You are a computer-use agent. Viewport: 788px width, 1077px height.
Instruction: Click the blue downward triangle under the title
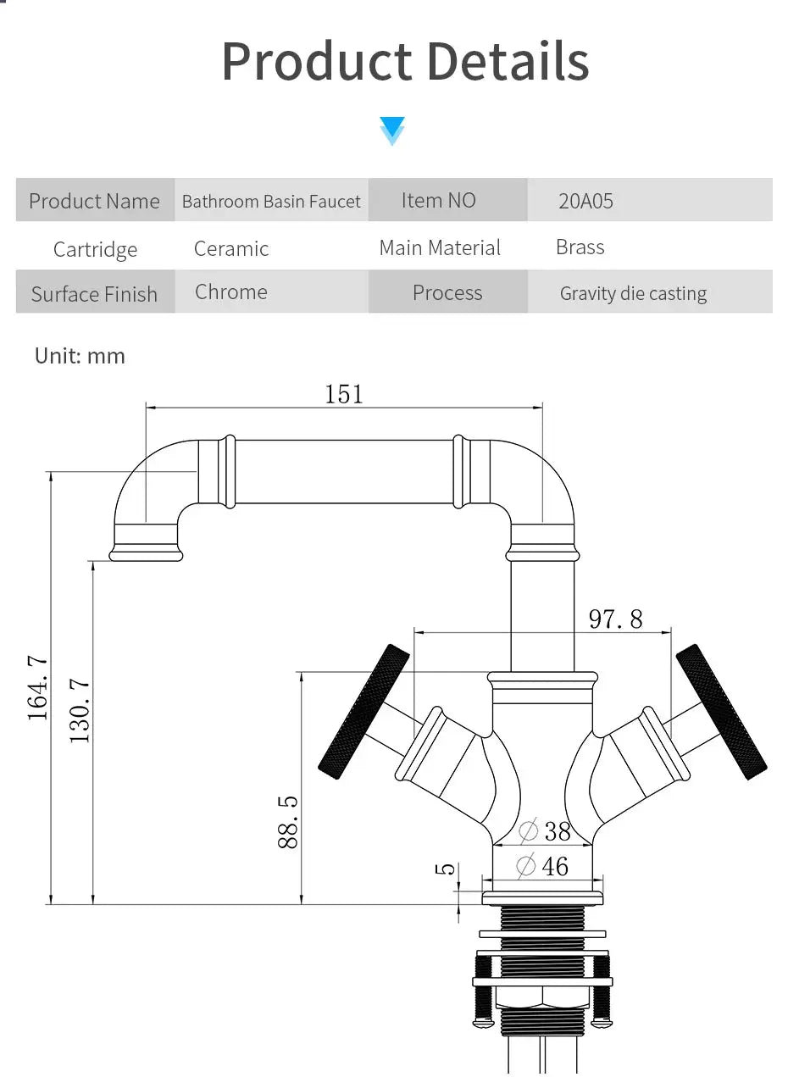(x=392, y=130)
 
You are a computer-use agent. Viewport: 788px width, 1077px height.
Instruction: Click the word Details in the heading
(x=507, y=61)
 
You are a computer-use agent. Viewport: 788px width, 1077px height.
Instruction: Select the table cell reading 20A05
(x=585, y=201)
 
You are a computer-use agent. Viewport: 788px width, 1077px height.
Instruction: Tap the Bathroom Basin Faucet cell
(x=271, y=201)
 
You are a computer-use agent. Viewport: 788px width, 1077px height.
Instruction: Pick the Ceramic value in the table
(x=231, y=248)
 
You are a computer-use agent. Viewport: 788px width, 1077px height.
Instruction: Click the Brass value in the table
(x=580, y=247)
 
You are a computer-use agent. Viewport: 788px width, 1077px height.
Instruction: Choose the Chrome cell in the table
(x=230, y=291)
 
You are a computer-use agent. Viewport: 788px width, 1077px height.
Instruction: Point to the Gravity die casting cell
(x=633, y=293)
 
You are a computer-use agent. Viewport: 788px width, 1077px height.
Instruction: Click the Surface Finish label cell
(x=94, y=294)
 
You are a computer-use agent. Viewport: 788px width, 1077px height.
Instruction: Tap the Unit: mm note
(x=80, y=356)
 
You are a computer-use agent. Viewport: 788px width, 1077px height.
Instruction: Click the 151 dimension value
(x=343, y=394)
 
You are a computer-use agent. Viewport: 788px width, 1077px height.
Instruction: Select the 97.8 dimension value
(x=615, y=619)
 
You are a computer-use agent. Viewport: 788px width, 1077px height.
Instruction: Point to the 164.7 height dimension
(x=38, y=688)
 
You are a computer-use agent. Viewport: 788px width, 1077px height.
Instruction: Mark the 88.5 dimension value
(x=287, y=821)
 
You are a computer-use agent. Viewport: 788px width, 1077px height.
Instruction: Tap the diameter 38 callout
(x=544, y=830)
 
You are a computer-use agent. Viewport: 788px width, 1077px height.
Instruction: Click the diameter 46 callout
(x=542, y=866)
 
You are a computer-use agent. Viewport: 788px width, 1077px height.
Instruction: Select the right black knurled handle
(x=722, y=712)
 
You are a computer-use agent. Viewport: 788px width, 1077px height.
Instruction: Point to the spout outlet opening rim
(x=146, y=555)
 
